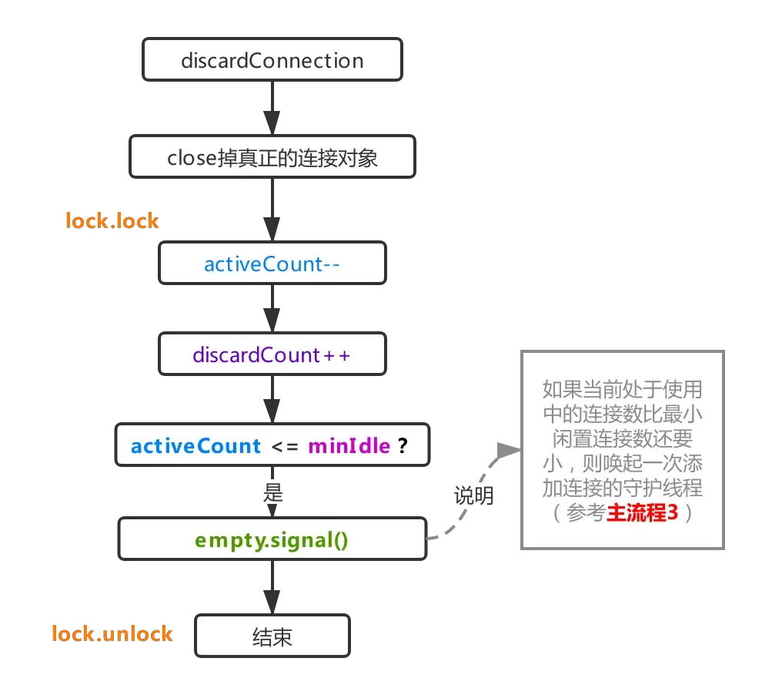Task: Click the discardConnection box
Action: [x=272, y=61]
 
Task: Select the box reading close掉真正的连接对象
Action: [x=272, y=158]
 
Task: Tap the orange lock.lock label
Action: [x=113, y=221]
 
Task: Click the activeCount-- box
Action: [x=272, y=264]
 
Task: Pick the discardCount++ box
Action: [x=272, y=355]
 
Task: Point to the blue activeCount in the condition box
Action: [x=196, y=446]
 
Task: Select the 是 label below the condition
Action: [x=273, y=494]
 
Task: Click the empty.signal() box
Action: [x=272, y=539]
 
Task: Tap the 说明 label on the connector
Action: [x=473, y=496]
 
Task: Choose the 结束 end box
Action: [x=272, y=636]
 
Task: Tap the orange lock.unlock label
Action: [x=112, y=634]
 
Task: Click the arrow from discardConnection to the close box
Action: [x=272, y=109]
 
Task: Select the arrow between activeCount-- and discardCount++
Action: [x=272, y=310]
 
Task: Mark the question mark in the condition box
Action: [x=402, y=446]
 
